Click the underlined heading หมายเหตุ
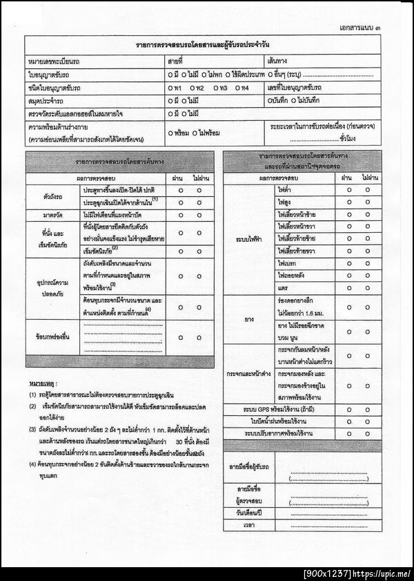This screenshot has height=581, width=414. (43, 382)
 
